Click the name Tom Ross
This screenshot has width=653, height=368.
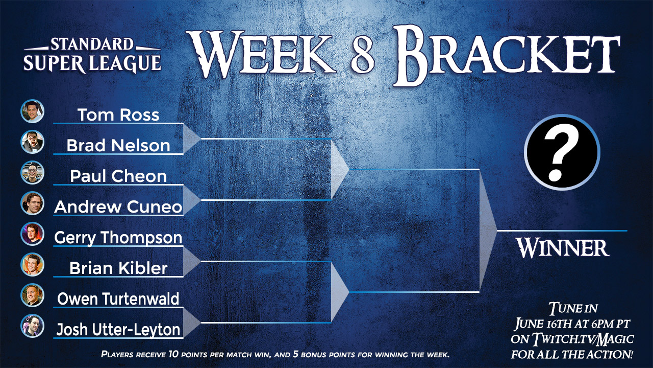pos(118,114)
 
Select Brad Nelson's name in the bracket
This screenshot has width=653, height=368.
pos(118,145)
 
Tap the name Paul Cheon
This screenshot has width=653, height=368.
pos(118,176)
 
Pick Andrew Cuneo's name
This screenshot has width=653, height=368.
pos(118,207)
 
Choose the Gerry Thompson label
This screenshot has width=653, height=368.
pos(118,238)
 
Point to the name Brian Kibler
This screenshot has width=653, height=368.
pos(118,268)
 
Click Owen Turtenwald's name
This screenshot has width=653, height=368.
pos(118,299)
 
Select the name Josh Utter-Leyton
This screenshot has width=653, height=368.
pos(118,330)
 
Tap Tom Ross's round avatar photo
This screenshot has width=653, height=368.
pos(32,111)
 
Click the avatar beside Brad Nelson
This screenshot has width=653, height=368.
pos(32,142)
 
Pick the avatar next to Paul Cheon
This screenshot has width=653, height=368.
pos(32,172)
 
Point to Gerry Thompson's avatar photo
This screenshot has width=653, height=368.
pos(32,234)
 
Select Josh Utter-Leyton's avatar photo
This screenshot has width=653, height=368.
pos(32,326)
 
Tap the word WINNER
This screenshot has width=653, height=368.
pos(562,248)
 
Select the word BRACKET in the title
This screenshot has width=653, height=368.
pos(507,56)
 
